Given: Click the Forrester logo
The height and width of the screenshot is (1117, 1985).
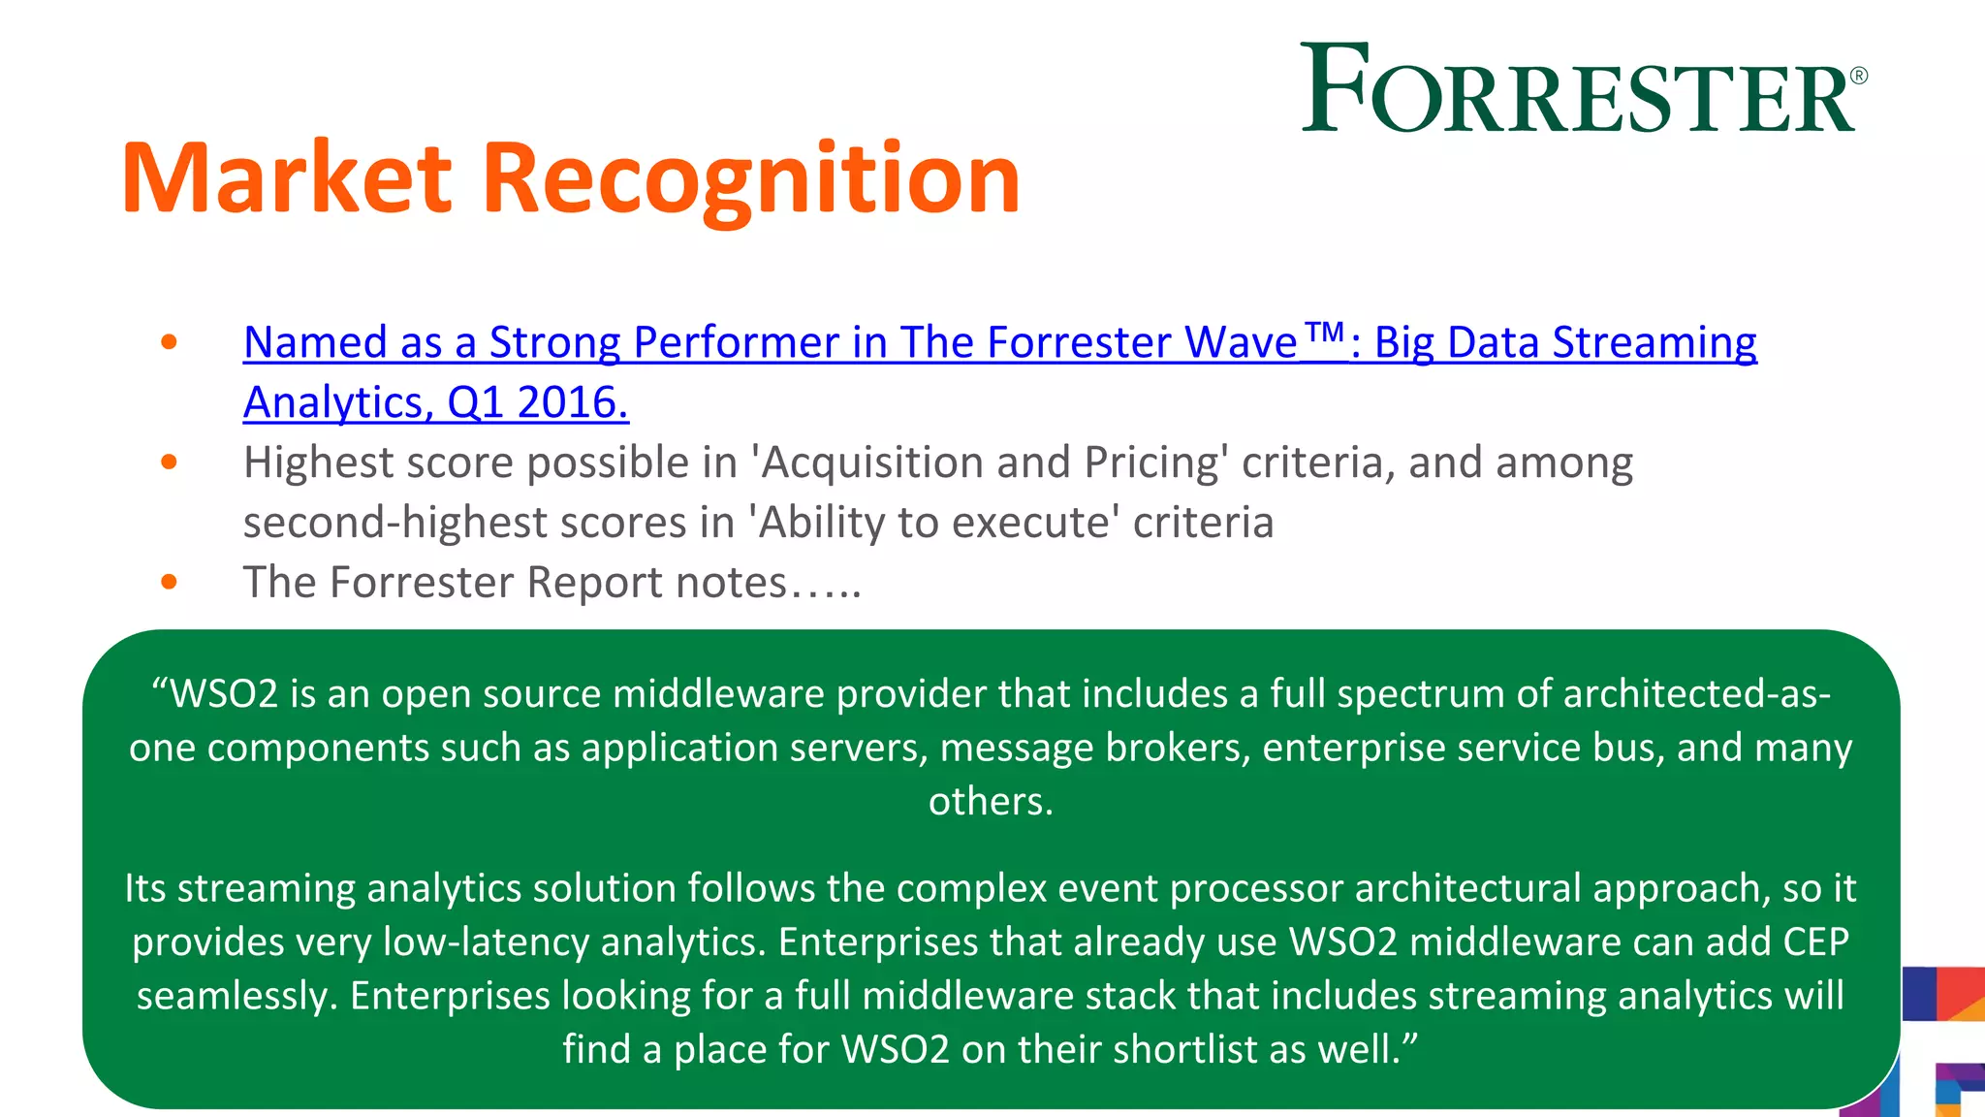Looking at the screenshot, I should [1580, 89].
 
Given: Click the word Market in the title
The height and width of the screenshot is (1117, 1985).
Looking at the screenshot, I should [287, 178].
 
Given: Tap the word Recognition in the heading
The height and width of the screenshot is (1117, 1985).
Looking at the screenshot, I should [750, 178].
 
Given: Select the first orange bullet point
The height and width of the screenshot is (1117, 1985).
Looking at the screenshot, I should [170, 342].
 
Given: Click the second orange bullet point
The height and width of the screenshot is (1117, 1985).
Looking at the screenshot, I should [170, 463].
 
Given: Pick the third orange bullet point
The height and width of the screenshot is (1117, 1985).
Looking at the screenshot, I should [170, 583].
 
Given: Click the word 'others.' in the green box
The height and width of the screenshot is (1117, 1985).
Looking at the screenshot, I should [991, 802].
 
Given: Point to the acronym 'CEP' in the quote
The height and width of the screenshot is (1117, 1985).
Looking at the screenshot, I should [1815, 942].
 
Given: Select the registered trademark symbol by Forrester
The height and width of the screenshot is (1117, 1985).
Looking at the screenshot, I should [1858, 76].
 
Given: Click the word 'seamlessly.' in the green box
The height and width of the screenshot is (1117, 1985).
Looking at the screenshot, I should [236, 996].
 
